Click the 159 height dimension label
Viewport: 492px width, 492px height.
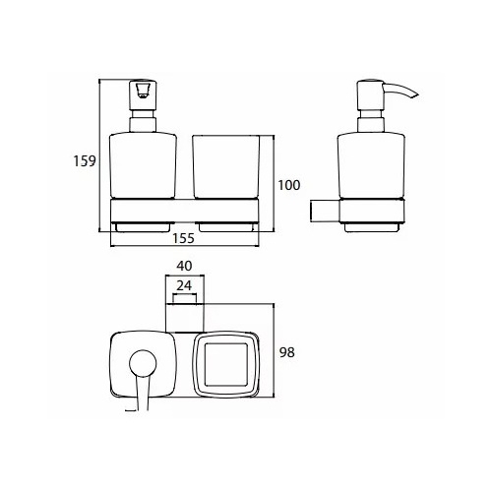[x=85, y=161]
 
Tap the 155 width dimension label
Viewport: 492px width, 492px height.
[x=183, y=238]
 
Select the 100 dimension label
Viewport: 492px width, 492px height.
[x=289, y=185]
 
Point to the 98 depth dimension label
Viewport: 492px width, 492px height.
[x=287, y=352]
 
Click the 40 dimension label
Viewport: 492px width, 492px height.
[x=184, y=266]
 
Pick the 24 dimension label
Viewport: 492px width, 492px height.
[x=184, y=285]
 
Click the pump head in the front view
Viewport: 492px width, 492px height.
[x=143, y=95]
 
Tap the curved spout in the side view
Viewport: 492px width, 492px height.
[x=400, y=91]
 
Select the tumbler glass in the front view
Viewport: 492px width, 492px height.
[x=226, y=167]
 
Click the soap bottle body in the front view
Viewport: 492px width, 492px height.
[x=143, y=165]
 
